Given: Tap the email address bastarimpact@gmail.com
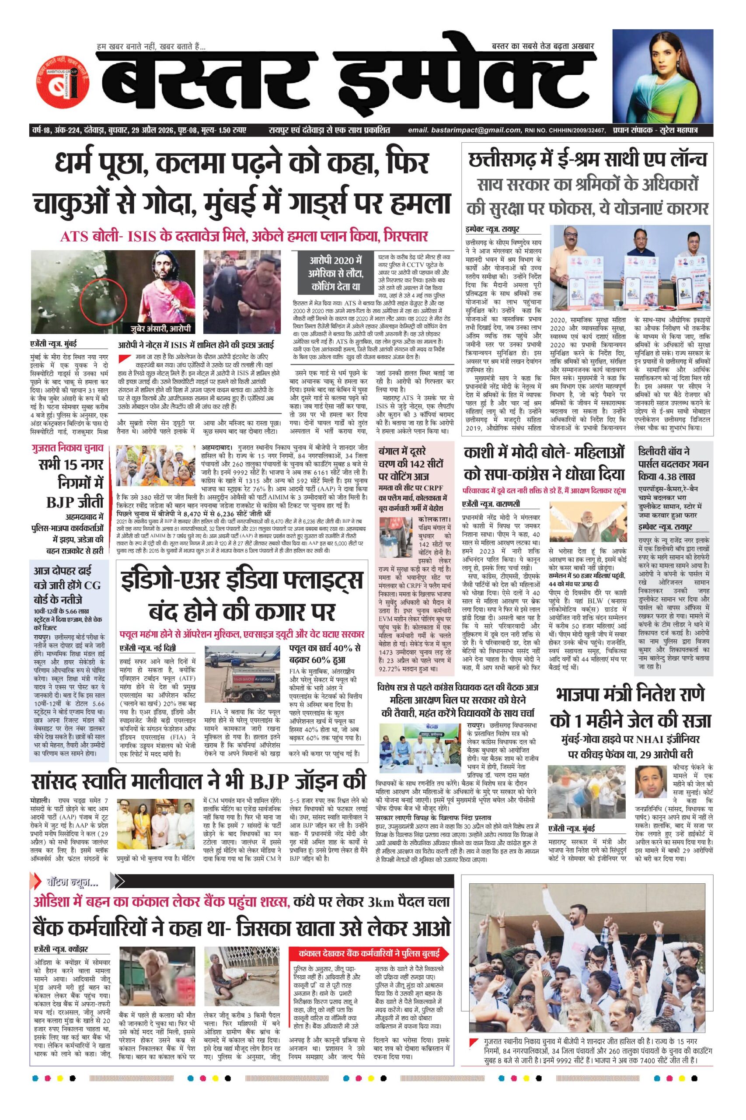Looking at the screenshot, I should point(464,130).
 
